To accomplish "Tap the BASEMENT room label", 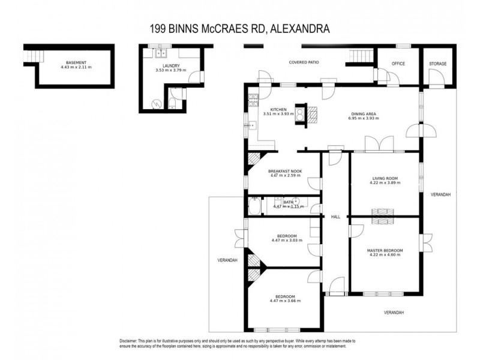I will tap(76, 62).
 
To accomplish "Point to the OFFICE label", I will tap(398, 64).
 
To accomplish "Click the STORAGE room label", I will tap(437, 64).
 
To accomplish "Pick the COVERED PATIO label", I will tap(304, 62).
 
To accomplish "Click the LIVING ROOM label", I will tap(385, 178).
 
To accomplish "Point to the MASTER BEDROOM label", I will tap(385, 250).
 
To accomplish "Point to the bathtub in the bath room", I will tap(254, 206).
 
